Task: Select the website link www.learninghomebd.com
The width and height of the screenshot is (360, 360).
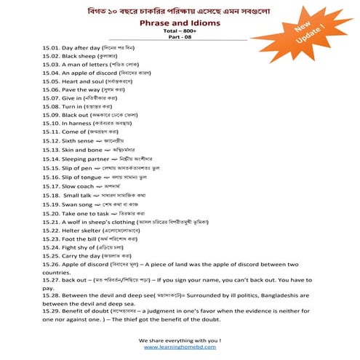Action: [x=180, y=348]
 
